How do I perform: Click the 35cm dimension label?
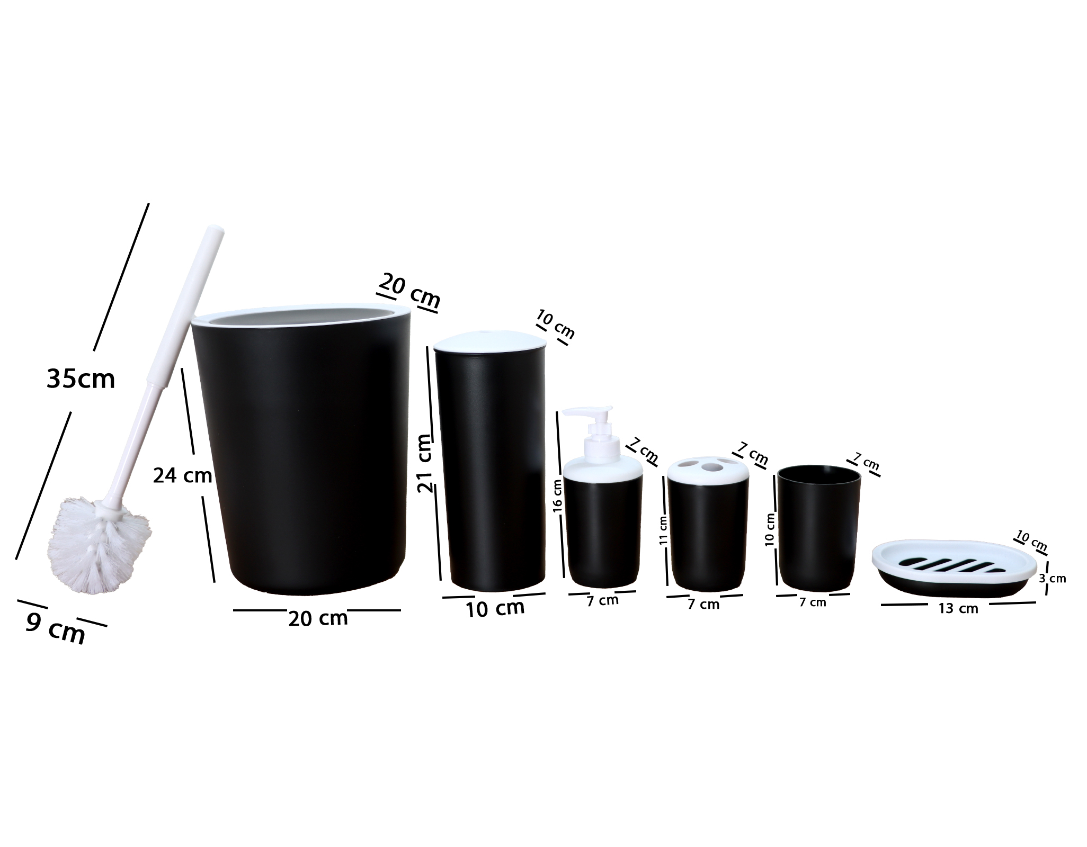click(81, 379)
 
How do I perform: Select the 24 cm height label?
click(182, 476)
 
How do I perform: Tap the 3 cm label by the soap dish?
click(1052, 579)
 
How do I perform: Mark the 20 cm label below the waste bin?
click(318, 618)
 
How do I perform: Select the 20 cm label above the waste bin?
click(409, 291)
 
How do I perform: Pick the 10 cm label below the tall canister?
click(495, 608)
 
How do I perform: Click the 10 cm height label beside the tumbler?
click(770, 529)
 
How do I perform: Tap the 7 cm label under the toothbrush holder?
click(703, 604)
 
